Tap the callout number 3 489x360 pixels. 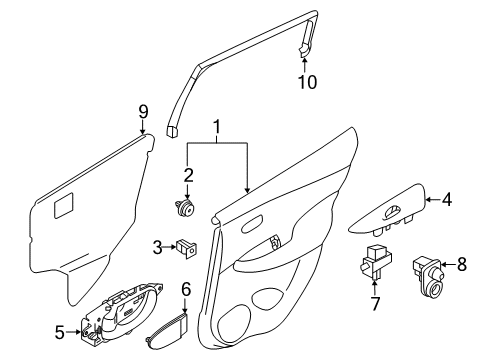point(157,246)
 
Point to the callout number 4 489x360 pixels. point(448,199)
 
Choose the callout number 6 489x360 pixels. point(186,288)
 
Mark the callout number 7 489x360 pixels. point(377,302)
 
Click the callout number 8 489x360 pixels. point(460,265)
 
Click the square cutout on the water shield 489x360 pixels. point(63,207)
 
